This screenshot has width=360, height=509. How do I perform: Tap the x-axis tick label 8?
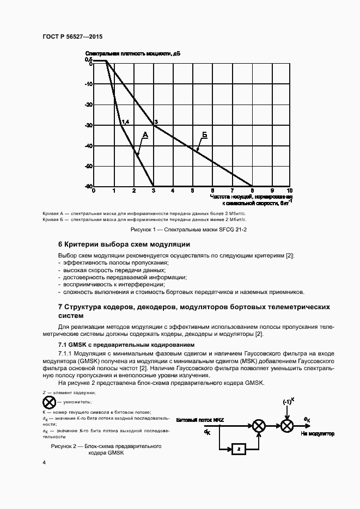[x=252, y=191]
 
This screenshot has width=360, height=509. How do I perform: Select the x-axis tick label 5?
[x=192, y=191]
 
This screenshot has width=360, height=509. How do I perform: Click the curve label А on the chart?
[x=145, y=134]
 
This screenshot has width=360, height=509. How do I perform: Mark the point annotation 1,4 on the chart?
[x=125, y=121]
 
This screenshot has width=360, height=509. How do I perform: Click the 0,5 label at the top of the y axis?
[x=88, y=59]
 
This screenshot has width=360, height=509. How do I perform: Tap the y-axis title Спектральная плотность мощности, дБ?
[x=132, y=53]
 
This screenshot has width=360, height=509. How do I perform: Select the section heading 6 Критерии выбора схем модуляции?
[x=124, y=244]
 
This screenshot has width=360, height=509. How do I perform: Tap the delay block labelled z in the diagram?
[x=237, y=449]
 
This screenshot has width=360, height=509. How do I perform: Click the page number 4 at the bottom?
[x=44, y=462]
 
